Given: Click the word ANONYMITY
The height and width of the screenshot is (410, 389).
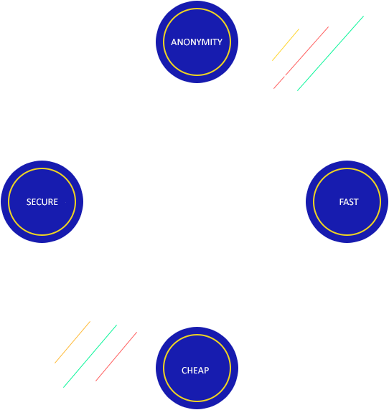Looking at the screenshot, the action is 197,42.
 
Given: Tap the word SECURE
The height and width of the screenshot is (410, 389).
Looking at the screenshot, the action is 42,202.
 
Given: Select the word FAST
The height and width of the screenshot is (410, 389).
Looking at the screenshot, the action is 349,202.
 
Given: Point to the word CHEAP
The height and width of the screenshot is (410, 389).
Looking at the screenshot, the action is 195,371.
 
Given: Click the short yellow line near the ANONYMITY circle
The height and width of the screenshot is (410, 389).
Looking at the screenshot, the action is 286,44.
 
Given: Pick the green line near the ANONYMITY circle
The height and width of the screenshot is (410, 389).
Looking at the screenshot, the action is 331,53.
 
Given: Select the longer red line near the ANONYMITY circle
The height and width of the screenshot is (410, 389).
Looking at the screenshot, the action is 306,51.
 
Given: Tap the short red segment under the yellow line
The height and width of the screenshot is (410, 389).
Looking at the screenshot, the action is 279,82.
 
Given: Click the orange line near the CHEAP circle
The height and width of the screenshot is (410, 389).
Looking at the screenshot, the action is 72,342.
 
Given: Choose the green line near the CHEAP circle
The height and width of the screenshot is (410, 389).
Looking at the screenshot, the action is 90,356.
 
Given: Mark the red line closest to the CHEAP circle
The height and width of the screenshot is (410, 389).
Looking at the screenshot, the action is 116,356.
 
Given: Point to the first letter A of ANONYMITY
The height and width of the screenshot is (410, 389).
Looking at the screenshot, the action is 174,42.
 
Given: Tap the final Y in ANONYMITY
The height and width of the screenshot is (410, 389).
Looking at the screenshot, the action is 220,42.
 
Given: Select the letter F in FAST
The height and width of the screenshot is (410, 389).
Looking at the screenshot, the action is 342,202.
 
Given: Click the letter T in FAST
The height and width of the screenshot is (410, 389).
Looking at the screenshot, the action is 356,202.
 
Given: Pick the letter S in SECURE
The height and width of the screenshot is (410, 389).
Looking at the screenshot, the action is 29,202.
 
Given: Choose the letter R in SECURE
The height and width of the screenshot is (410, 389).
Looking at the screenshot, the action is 50,202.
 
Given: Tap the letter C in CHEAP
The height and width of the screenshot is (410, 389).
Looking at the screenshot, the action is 184,371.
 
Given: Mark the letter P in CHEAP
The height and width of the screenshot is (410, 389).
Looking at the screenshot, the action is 207,371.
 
